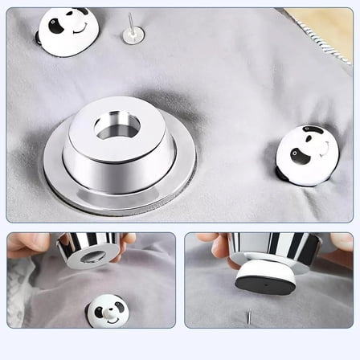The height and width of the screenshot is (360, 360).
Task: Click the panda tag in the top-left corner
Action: [x=67, y=31]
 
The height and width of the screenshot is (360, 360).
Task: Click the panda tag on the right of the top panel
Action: [x=306, y=154]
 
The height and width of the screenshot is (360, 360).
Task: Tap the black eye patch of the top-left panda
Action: [x=56, y=26]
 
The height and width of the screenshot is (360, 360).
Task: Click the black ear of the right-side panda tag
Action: [x=314, y=130]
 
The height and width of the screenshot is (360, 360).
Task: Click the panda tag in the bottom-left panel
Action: [x=107, y=310]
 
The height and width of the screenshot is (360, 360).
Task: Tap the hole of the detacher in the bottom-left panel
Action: [x=92, y=257]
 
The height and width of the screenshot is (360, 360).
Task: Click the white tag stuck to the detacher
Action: [x=264, y=276]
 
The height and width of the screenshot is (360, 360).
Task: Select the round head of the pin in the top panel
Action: [x=133, y=35]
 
